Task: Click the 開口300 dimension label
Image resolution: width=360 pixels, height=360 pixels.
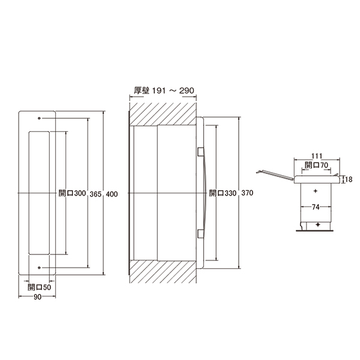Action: tap(72, 193)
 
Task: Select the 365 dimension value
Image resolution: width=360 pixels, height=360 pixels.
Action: tap(95, 194)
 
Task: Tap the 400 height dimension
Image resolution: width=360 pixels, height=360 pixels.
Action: tap(112, 194)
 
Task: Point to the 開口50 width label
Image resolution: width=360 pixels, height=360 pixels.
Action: tap(39, 287)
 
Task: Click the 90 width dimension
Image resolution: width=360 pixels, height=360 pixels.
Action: tap(37, 297)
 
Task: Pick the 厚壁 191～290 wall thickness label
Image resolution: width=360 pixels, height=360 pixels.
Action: tap(164, 91)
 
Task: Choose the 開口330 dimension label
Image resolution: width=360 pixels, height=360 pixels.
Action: tap(223, 193)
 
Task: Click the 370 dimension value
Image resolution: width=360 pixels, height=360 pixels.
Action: tap(247, 193)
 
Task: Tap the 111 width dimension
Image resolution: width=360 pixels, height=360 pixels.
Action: tap(317, 156)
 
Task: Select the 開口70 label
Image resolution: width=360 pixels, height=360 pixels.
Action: tap(316, 165)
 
